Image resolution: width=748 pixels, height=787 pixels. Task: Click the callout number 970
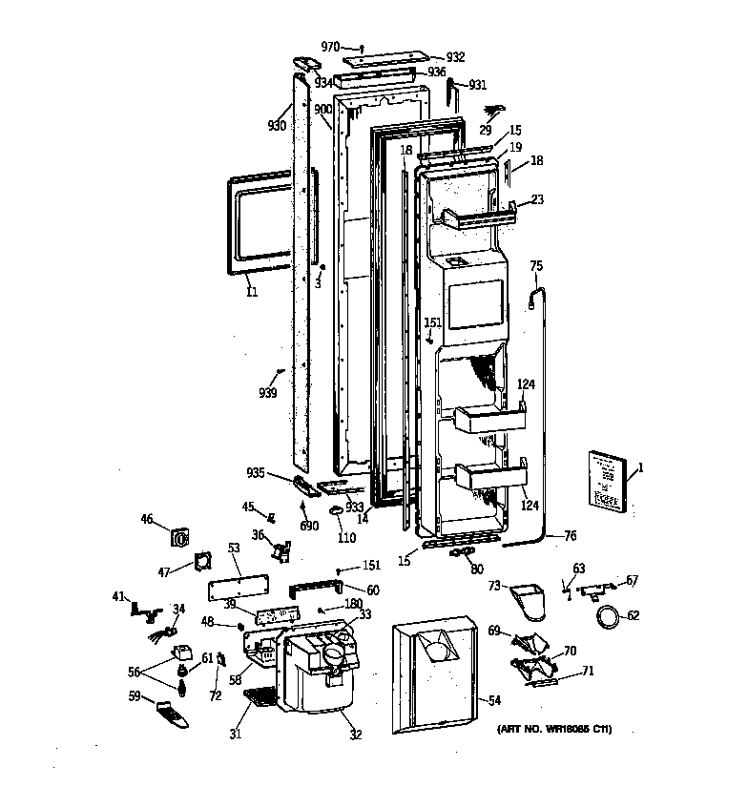pos(330,46)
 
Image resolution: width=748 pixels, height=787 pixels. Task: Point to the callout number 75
pos(536,265)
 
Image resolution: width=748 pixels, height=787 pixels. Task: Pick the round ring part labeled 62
pos(606,617)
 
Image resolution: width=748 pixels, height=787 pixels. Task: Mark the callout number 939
pos(268,392)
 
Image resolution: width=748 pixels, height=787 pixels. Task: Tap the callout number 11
pos(252,292)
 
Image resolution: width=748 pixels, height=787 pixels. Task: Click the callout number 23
pos(537,200)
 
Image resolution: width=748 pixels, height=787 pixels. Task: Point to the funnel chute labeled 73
pos(525,600)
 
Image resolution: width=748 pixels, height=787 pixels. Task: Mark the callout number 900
pos(323,109)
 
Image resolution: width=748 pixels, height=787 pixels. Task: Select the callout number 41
pos(118,596)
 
